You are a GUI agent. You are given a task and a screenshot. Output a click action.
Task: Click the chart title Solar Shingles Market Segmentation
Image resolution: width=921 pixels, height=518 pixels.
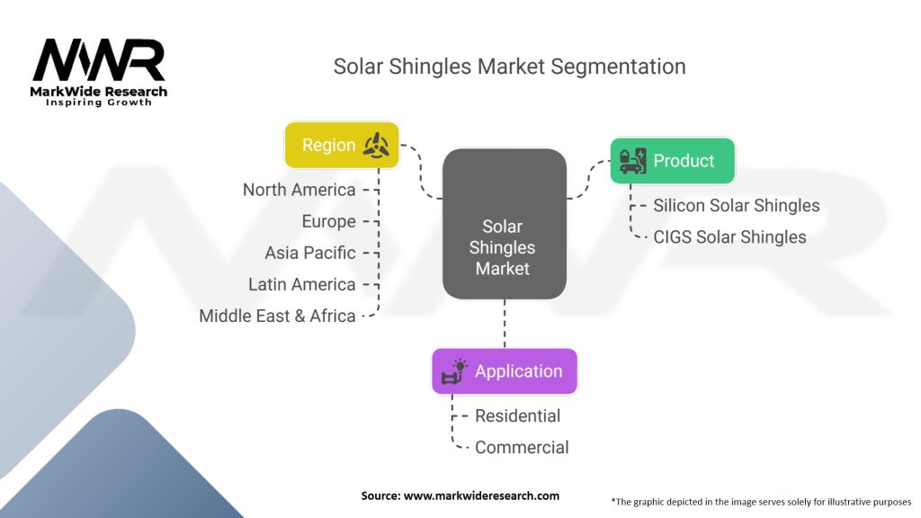click(x=509, y=67)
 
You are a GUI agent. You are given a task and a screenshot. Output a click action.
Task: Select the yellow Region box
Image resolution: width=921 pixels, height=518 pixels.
click(x=341, y=146)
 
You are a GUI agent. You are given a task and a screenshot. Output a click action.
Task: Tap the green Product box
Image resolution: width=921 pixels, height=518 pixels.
click(x=672, y=161)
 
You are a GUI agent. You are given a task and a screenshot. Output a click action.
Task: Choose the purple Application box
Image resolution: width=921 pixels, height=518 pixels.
click(x=504, y=371)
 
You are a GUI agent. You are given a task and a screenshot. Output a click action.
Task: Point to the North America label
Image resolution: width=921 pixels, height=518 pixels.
click(x=299, y=190)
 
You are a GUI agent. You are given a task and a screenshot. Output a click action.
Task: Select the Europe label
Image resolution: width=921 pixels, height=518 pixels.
click(x=328, y=221)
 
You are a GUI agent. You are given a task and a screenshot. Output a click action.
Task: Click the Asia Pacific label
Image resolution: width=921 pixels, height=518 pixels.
click(x=309, y=253)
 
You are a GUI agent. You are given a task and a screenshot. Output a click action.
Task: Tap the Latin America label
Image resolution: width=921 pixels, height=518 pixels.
click(x=301, y=284)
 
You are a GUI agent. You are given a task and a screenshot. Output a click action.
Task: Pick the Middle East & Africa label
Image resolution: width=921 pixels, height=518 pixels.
click(x=277, y=316)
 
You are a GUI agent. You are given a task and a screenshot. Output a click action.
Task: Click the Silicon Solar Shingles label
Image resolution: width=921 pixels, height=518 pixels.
click(x=736, y=205)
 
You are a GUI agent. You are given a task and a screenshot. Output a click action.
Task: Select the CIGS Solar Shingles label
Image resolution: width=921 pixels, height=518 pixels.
click(x=729, y=237)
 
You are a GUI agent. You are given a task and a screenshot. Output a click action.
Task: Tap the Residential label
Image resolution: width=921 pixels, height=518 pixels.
click(x=517, y=415)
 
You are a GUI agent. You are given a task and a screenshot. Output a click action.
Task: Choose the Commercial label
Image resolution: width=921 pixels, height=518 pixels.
click(x=522, y=447)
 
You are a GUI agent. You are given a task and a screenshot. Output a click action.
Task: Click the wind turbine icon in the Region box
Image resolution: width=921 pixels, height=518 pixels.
click(x=376, y=146)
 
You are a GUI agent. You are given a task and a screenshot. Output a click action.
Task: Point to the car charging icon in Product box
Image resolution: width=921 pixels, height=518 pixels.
click(x=633, y=161)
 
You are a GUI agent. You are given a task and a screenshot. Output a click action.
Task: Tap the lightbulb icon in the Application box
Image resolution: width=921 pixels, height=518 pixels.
click(x=454, y=371)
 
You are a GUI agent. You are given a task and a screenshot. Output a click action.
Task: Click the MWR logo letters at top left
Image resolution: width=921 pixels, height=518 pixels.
click(x=99, y=60)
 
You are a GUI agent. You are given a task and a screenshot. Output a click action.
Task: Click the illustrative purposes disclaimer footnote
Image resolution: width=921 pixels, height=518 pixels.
click(x=760, y=501)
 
